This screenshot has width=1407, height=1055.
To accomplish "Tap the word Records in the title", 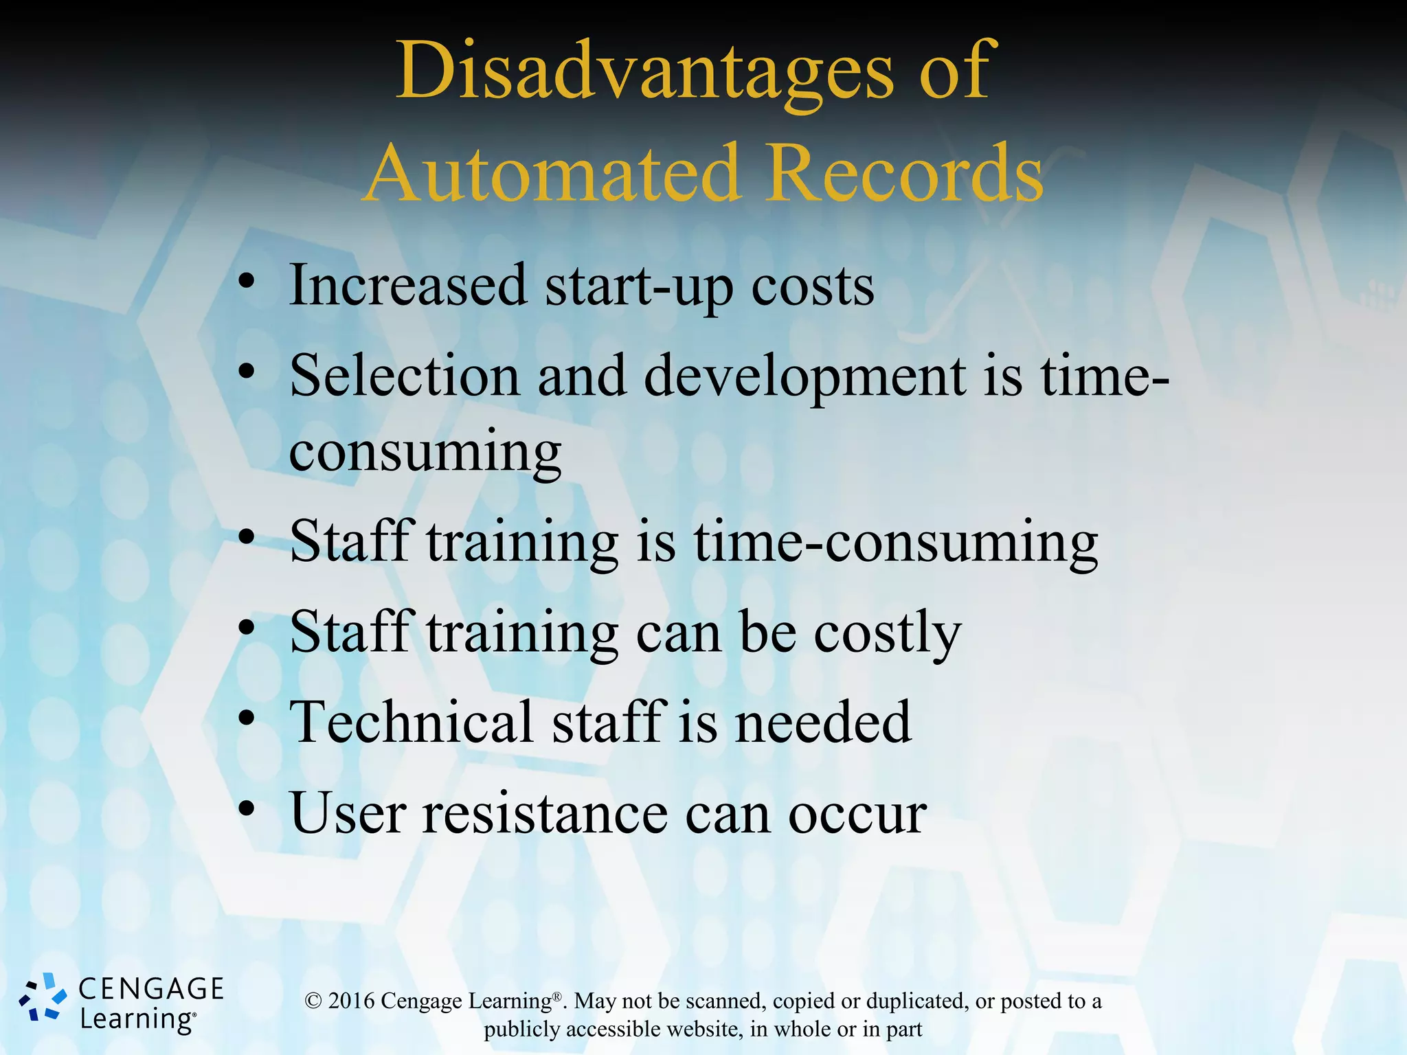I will [x=905, y=173].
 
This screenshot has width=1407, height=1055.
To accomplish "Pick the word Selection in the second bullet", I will [x=405, y=376].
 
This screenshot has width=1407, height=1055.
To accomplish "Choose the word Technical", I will [x=412, y=722].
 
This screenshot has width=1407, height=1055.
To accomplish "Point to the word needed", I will [x=823, y=723].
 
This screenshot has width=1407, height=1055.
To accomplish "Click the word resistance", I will [x=545, y=813].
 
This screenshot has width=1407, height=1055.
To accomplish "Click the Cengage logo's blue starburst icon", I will [x=43, y=997].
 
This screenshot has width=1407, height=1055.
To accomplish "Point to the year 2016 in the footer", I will [x=351, y=1001].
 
